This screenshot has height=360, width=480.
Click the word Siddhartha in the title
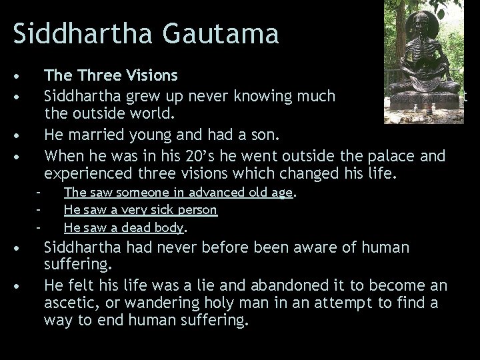tap(75, 32)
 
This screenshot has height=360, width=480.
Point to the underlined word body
tap(170, 227)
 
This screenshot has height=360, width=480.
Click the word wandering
tap(155, 303)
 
